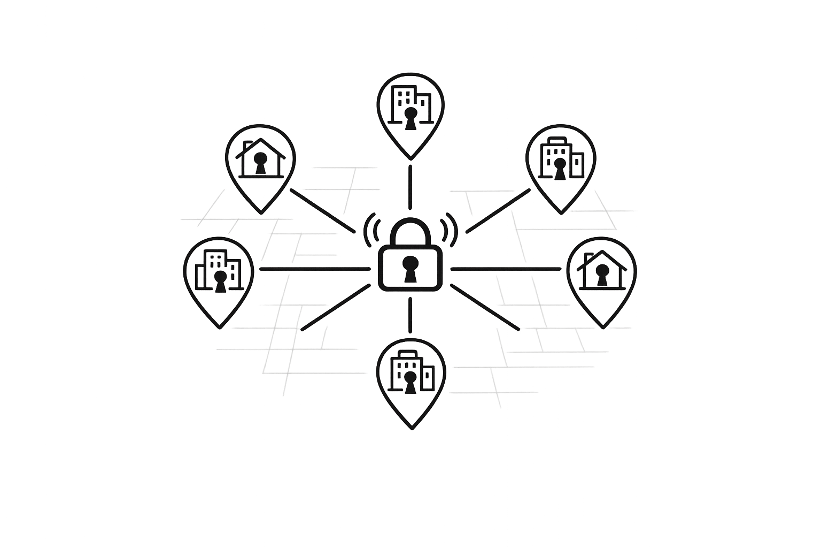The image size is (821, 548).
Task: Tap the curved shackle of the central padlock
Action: [x=410, y=222]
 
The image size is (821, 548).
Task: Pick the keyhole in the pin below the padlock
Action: [x=410, y=384]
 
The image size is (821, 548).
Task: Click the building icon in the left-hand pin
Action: [x=218, y=271]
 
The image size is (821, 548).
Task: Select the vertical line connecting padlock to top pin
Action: [x=410, y=187]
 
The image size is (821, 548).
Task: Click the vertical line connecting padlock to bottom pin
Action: [x=410, y=315]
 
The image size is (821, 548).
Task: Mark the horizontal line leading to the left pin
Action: [x=314, y=269]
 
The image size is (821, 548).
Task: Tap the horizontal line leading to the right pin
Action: [x=505, y=269]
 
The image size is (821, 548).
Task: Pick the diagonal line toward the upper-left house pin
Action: [x=322, y=210]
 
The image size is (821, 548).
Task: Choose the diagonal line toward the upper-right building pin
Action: [x=498, y=211]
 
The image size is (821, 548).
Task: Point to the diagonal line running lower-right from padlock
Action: [x=485, y=308]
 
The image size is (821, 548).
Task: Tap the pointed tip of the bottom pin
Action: [x=411, y=428]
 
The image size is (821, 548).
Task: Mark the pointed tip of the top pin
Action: [x=410, y=158]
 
